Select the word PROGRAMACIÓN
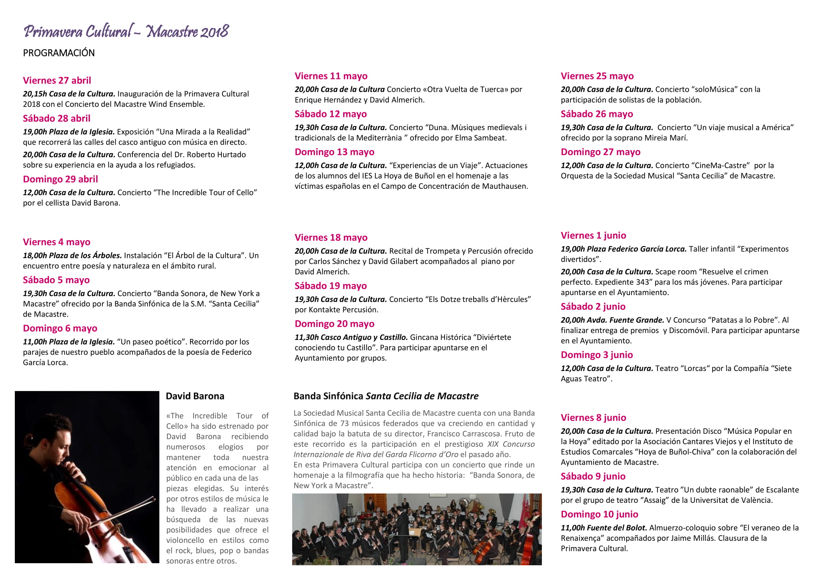(59, 53)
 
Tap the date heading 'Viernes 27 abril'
(57, 80)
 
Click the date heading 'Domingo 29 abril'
(60, 179)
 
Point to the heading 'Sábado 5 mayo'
(56, 280)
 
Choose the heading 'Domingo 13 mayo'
(334, 152)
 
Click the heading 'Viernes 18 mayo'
(331, 238)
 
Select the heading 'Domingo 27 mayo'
(600, 152)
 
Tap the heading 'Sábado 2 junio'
(593, 307)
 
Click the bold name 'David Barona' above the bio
(195, 396)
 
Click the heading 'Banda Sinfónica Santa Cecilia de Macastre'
(386, 396)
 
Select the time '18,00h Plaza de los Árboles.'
(72, 256)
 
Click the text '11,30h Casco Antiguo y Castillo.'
(351, 337)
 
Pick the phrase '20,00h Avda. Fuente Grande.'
(612, 320)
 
